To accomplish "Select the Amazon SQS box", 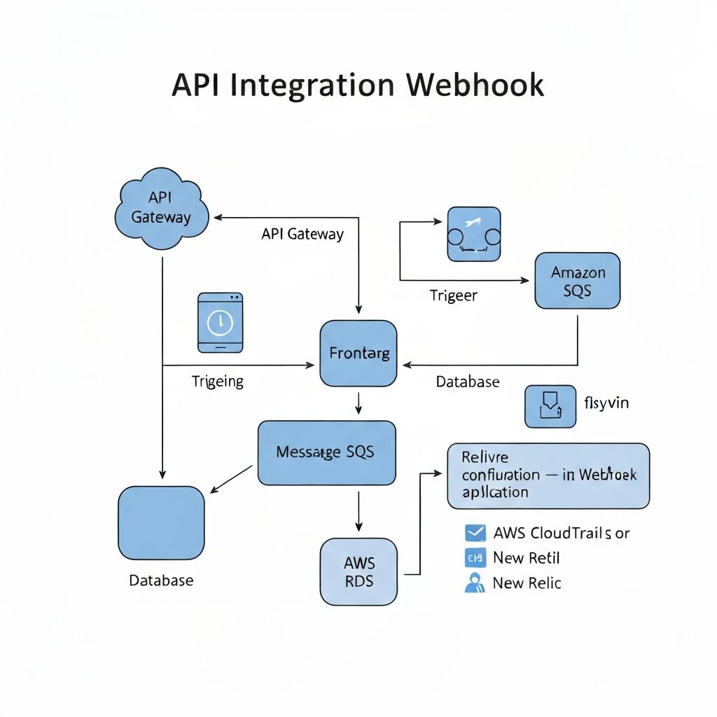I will (577, 281).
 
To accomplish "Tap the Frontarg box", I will (358, 354).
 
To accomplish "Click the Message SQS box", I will (326, 453).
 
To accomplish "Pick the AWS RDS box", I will (358, 572).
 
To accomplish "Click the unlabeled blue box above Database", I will (161, 523).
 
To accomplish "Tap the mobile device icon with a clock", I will (221, 322).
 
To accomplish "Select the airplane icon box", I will (473, 234).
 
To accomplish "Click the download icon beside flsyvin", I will (550, 405).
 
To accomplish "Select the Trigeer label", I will (453, 295).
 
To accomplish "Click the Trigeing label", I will (218, 382).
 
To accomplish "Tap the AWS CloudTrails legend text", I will (561, 533).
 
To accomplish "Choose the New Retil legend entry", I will (526, 558).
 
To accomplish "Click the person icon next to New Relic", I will (475, 583).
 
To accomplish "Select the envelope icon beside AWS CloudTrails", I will (475, 533).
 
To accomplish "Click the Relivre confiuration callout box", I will (548, 475).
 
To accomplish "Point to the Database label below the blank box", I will (161, 580).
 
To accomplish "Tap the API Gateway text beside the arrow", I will (302, 235).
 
